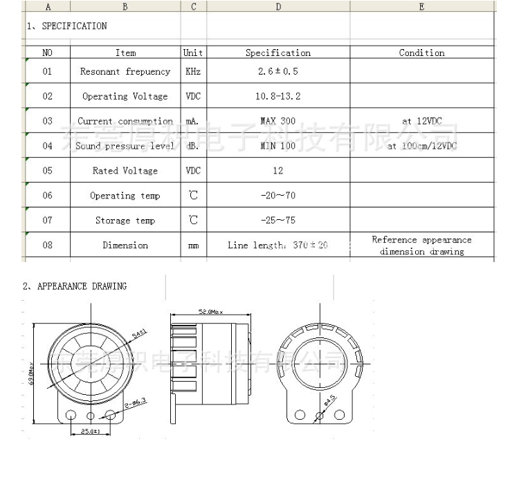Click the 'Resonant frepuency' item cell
[x=125, y=72]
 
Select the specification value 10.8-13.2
[x=278, y=97]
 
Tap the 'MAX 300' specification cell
[x=278, y=121]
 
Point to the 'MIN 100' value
[x=278, y=146]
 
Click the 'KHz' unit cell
[x=194, y=72]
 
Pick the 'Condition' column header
[x=421, y=53]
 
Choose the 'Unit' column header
[x=194, y=53]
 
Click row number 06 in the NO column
[x=47, y=196]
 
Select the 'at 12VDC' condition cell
[x=421, y=121]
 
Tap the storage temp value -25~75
[x=278, y=221]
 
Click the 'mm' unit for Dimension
[x=194, y=245]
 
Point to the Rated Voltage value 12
[x=278, y=171]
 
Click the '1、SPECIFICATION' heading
[x=66, y=26]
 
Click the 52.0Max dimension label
[x=211, y=313]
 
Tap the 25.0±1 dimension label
[x=91, y=432]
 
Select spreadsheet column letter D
[x=278, y=7]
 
